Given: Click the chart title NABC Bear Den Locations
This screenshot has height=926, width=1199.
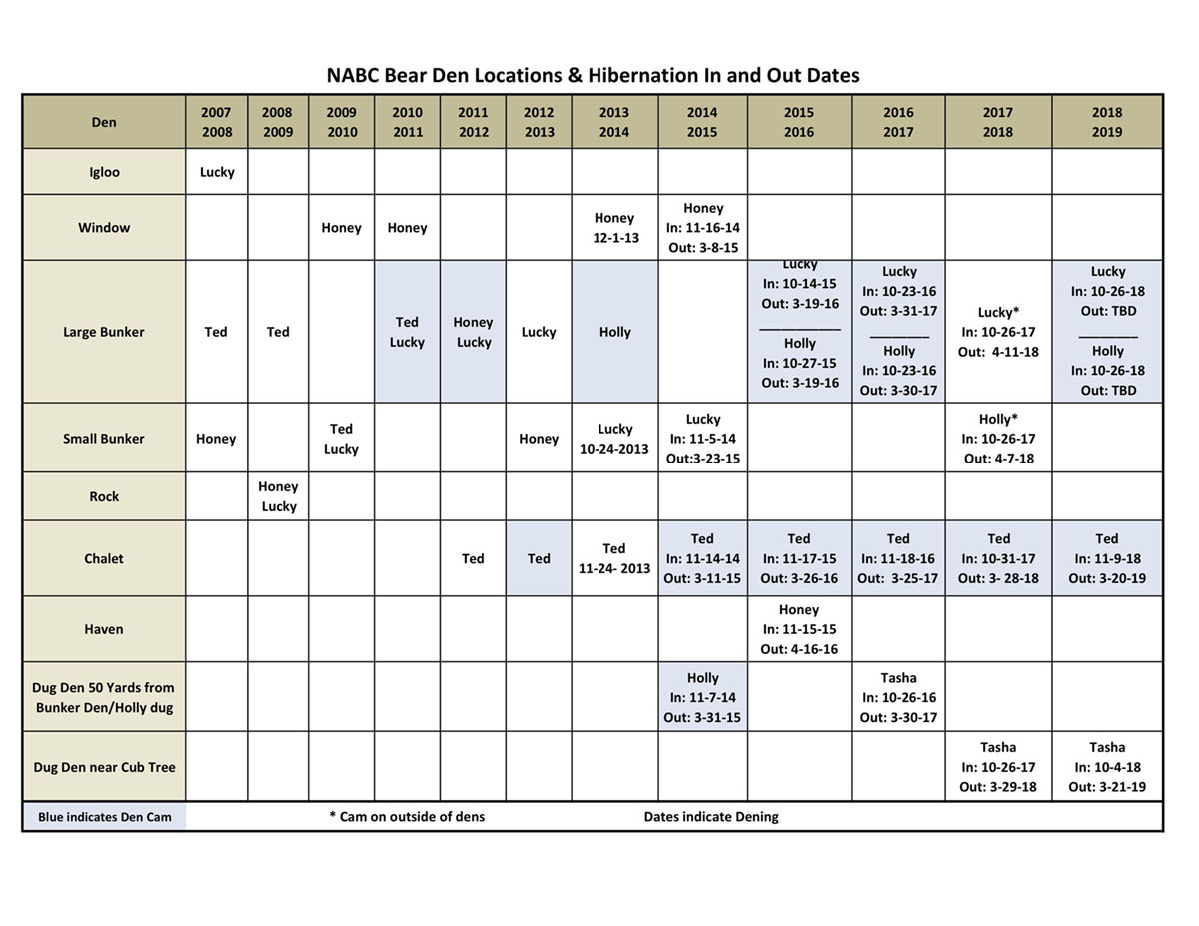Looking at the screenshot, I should click(x=593, y=75).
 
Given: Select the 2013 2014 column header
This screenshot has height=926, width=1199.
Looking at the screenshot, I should click(x=614, y=122).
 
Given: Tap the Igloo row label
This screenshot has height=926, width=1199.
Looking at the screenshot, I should click(x=104, y=172).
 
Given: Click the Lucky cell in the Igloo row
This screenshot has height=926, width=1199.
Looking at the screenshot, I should click(x=217, y=172).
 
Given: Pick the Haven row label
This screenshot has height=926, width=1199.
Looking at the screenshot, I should click(x=104, y=629).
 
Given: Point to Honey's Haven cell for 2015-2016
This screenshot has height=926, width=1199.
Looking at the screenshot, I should click(x=799, y=629).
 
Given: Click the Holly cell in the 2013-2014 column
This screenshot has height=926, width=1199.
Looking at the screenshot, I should click(x=614, y=332).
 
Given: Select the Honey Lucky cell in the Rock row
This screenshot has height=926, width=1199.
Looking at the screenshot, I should click(x=278, y=496).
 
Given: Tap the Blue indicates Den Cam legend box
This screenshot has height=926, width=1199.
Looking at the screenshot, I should click(x=104, y=817).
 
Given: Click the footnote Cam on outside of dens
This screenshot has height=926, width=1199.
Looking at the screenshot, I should click(x=407, y=817).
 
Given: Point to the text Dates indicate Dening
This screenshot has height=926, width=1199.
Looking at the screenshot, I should click(x=711, y=817).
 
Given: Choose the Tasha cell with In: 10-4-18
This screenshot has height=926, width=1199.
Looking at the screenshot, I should click(x=1107, y=767).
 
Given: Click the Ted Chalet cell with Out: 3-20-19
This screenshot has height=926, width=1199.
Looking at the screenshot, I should click(x=1107, y=558).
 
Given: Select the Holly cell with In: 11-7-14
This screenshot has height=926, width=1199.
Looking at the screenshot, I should click(x=702, y=697).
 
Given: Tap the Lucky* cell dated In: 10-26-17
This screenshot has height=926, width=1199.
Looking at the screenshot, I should click(x=998, y=332).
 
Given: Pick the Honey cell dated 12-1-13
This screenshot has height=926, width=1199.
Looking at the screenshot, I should click(x=614, y=228).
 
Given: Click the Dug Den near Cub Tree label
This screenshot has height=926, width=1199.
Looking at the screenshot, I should click(x=104, y=767).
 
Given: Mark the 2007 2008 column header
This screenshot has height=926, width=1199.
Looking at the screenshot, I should click(x=217, y=122).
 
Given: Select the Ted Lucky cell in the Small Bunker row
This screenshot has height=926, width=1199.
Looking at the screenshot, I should click(x=341, y=439).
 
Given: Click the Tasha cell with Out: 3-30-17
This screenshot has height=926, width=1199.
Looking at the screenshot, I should click(x=898, y=697).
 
